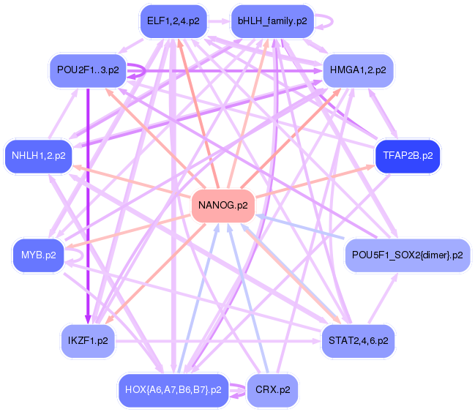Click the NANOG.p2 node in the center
[222, 206]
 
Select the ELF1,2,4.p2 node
[172, 21]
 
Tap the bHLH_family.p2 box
[272, 21]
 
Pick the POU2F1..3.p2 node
[87, 70]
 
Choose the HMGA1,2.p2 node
[358, 70]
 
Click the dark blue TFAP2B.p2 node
[407, 156]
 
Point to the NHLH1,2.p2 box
[39, 156]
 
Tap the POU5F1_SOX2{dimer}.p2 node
[407, 255]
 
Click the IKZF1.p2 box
[88, 341]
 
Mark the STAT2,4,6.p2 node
[358, 341]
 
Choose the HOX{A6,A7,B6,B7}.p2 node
[173, 389]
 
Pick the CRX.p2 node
[272, 389]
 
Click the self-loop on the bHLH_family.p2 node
[328, 21]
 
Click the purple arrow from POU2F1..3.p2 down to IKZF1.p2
[88, 205]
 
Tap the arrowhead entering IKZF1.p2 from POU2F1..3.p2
[88, 319]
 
